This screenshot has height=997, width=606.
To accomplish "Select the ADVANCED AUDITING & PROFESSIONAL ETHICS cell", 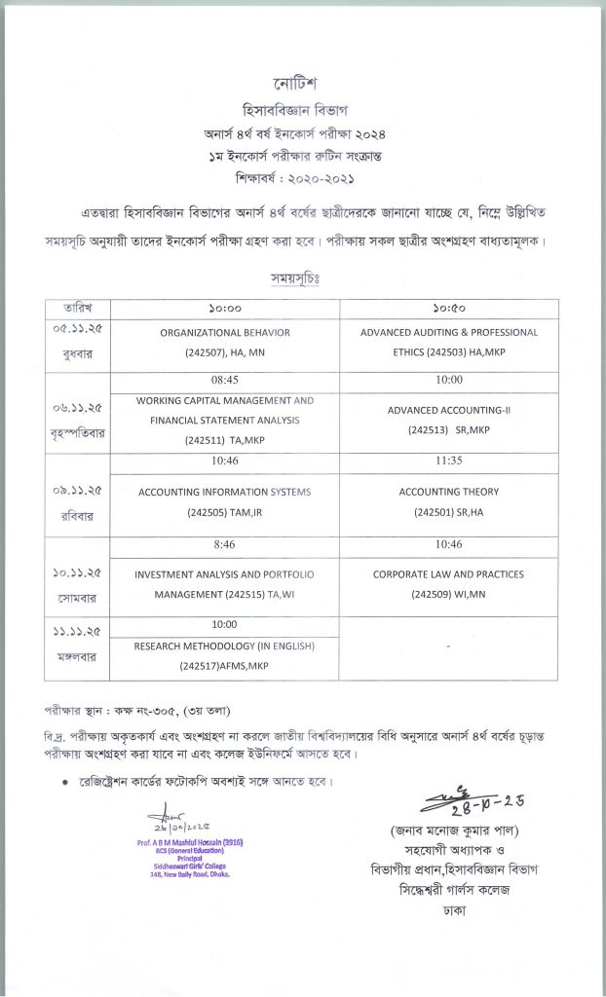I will click(x=448, y=342).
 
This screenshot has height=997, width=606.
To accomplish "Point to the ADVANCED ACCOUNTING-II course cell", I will click(x=448, y=419).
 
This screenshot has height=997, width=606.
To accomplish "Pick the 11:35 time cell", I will click(x=448, y=461).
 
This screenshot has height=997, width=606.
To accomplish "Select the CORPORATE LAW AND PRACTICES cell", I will click(x=448, y=583).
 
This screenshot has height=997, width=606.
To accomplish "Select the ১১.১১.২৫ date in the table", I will click(x=79, y=633).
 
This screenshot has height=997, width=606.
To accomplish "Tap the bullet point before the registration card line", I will click(x=65, y=782).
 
